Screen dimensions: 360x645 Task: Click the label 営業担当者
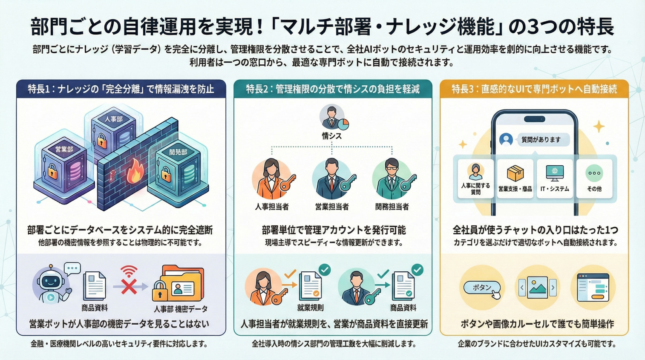(x=332, y=207)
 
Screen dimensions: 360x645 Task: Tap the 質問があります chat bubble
(x=541, y=140)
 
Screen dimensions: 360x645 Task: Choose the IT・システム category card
(x=555, y=179)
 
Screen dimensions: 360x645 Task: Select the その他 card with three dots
(x=594, y=179)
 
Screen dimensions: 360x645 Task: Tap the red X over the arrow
(x=129, y=287)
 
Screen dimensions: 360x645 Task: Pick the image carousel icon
(x=537, y=288)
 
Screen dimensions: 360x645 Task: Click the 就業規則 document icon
(x=311, y=287)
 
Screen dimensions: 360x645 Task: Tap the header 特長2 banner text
(x=333, y=89)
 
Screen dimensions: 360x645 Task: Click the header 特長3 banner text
(x=534, y=89)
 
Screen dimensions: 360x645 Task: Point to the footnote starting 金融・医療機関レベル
(x=119, y=343)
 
